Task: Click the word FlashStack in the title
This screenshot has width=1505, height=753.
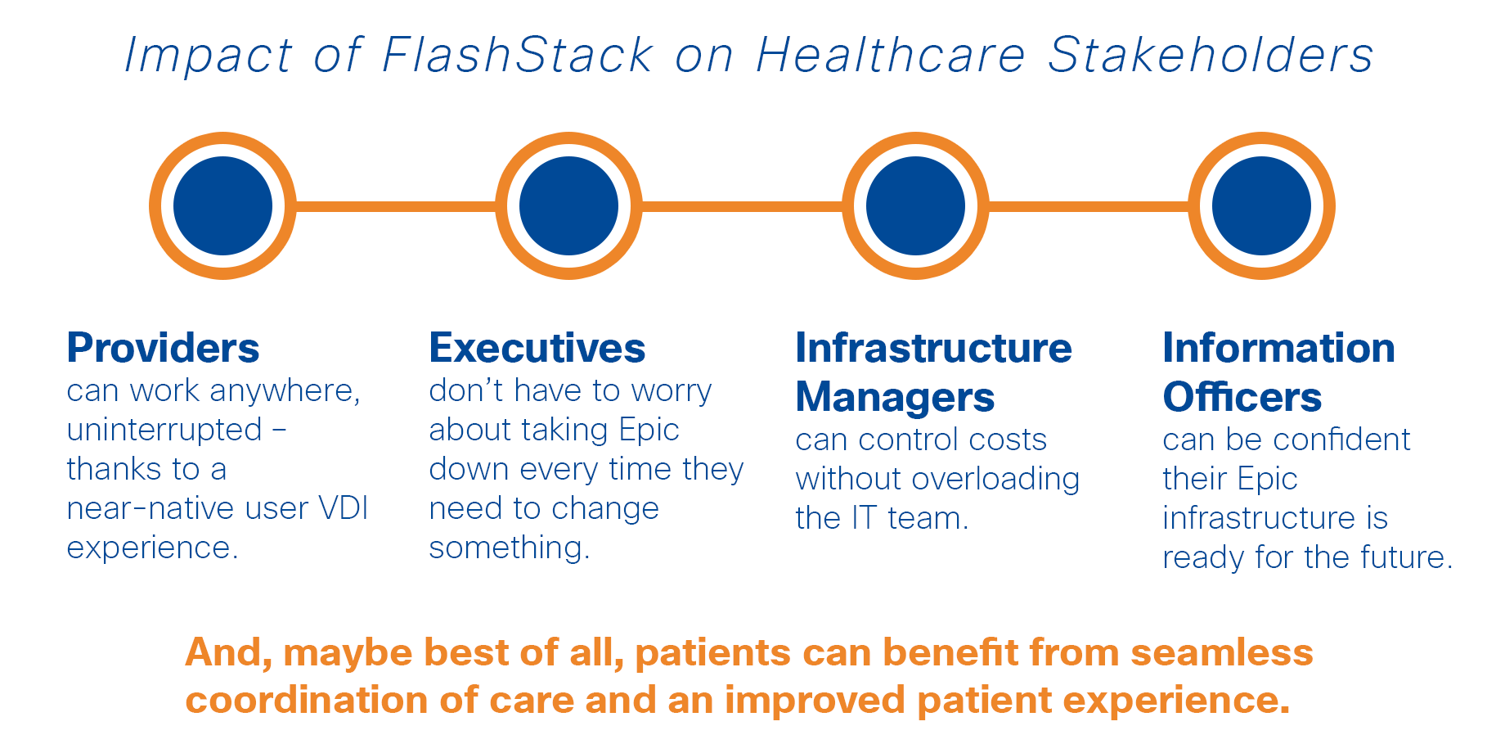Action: click(518, 56)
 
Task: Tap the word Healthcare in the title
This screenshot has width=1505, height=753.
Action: click(891, 56)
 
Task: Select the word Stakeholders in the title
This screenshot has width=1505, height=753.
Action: click(1211, 56)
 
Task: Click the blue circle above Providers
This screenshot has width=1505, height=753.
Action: click(222, 206)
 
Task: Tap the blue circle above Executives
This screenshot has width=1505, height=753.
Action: click(569, 206)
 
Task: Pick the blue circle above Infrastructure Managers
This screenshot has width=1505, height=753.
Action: click(915, 206)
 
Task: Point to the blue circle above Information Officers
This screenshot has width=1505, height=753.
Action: click(1261, 206)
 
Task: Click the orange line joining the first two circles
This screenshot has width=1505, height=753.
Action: click(396, 206)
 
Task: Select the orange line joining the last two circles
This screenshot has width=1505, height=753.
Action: click(1089, 206)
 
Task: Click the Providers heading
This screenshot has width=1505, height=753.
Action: click(163, 349)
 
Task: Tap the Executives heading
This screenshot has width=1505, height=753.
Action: click(537, 348)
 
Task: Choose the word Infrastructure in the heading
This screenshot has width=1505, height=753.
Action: click(933, 348)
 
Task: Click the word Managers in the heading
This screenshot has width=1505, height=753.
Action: click(895, 398)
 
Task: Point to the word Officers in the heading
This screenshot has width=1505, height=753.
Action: click(1242, 397)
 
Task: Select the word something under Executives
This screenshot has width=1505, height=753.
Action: click(509, 548)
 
